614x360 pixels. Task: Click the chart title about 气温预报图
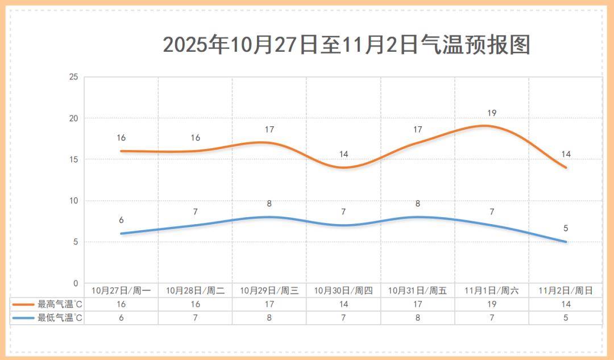(x=346, y=44)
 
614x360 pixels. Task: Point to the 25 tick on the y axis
(x=73, y=77)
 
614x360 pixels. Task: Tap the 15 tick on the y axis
(x=73, y=160)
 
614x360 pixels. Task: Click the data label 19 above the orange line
(x=492, y=113)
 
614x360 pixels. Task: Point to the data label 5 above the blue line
(x=566, y=229)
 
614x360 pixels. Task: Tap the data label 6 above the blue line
(x=121, y=220)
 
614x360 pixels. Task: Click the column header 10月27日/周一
(x=121, y=291)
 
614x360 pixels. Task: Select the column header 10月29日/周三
(x=269, y=291)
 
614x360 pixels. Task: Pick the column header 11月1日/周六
(x=492, y=291)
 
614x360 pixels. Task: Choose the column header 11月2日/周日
(x=566, y=291)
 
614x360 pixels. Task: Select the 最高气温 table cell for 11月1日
(x=492, y=304)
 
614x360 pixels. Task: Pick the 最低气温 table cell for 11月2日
(x=566, y=318)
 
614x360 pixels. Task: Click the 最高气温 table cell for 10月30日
(x=343, y=304)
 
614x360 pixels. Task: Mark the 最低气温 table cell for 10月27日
(x=121, y=318)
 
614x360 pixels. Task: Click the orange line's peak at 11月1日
(x=485, y=126)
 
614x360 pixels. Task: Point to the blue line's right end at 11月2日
(x=566, y=242)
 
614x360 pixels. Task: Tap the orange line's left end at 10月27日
(x=121, y=151)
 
